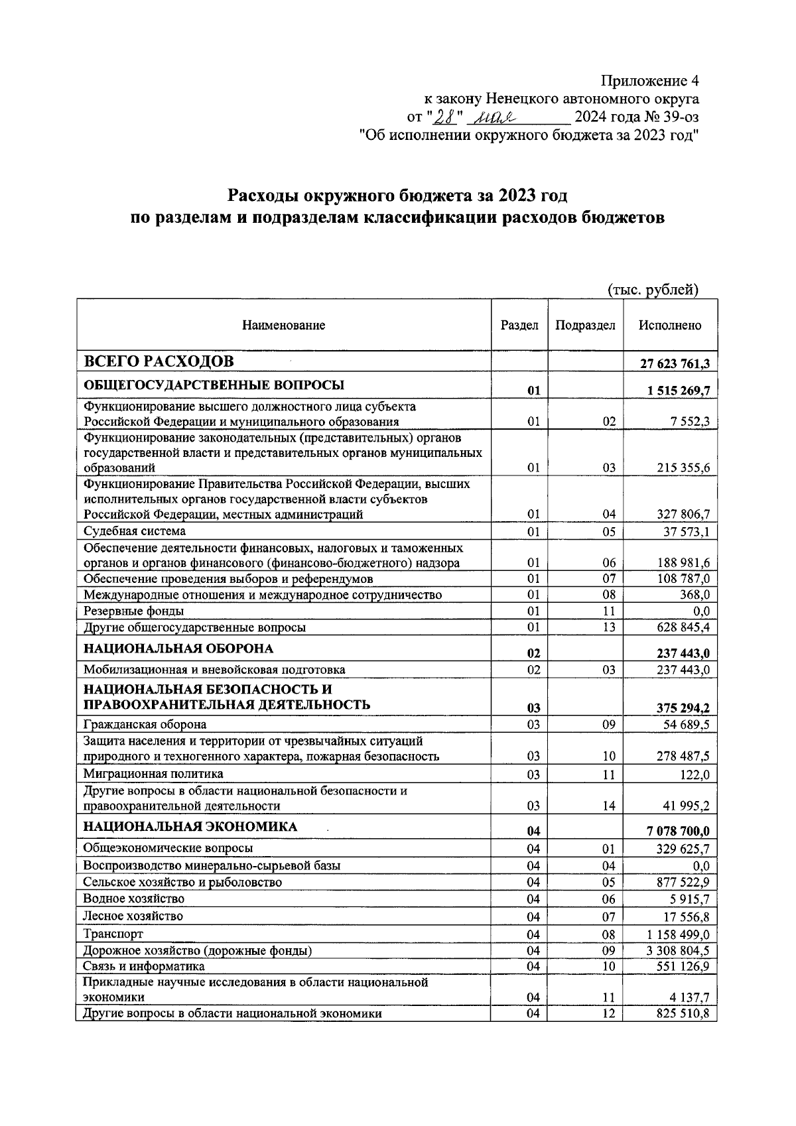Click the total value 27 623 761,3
[x=675, y=363]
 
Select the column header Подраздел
[x=584, y=325]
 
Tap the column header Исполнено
[x=669, y=325]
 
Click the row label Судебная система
[x=135, y=531]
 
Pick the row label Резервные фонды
[x=133, y=611]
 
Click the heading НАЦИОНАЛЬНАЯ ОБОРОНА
[x=178, y=648]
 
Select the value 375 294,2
[x=683, y=709]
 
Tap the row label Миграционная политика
[x=153, y=774]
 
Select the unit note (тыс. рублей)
[x=653, y=289]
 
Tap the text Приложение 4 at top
[x=649, y=81]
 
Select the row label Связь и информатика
[x=143, y=966]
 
